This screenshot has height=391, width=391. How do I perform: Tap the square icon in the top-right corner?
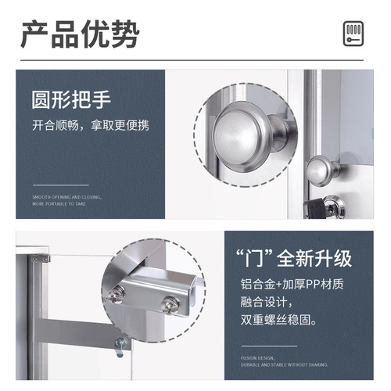[x=354, y=34]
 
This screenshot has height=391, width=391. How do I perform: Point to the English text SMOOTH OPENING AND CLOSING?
[x=66, y=197]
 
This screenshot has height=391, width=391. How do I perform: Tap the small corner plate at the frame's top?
[x=41, y=256]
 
